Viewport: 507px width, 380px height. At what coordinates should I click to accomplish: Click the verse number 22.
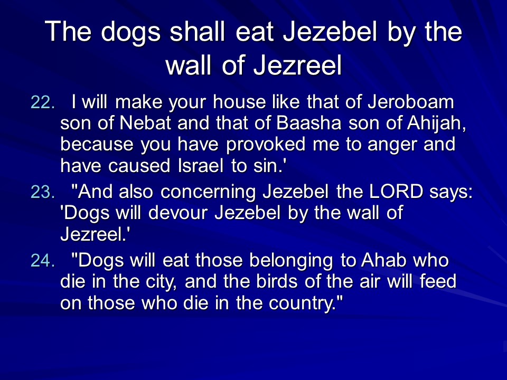point(42,102)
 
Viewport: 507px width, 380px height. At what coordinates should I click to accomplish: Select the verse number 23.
point(42,192)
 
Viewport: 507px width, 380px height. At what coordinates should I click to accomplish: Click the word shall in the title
point(198,31)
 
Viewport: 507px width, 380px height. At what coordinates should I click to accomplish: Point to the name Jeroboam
point(411,102)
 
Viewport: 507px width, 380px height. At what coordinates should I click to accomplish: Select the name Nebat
point(145,123)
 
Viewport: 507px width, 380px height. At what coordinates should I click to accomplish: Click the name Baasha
point(309,123)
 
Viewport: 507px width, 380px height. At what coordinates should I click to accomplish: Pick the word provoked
point(266,145)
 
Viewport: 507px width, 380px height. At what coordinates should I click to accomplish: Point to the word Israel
point(201,166)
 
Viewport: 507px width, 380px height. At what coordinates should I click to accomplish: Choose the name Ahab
point(383,260)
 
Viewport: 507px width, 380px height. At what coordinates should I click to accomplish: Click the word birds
point(277,281)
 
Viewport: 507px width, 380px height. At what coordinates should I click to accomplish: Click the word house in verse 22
point(239,102)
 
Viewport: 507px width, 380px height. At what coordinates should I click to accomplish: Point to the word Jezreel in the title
point(297,65)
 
